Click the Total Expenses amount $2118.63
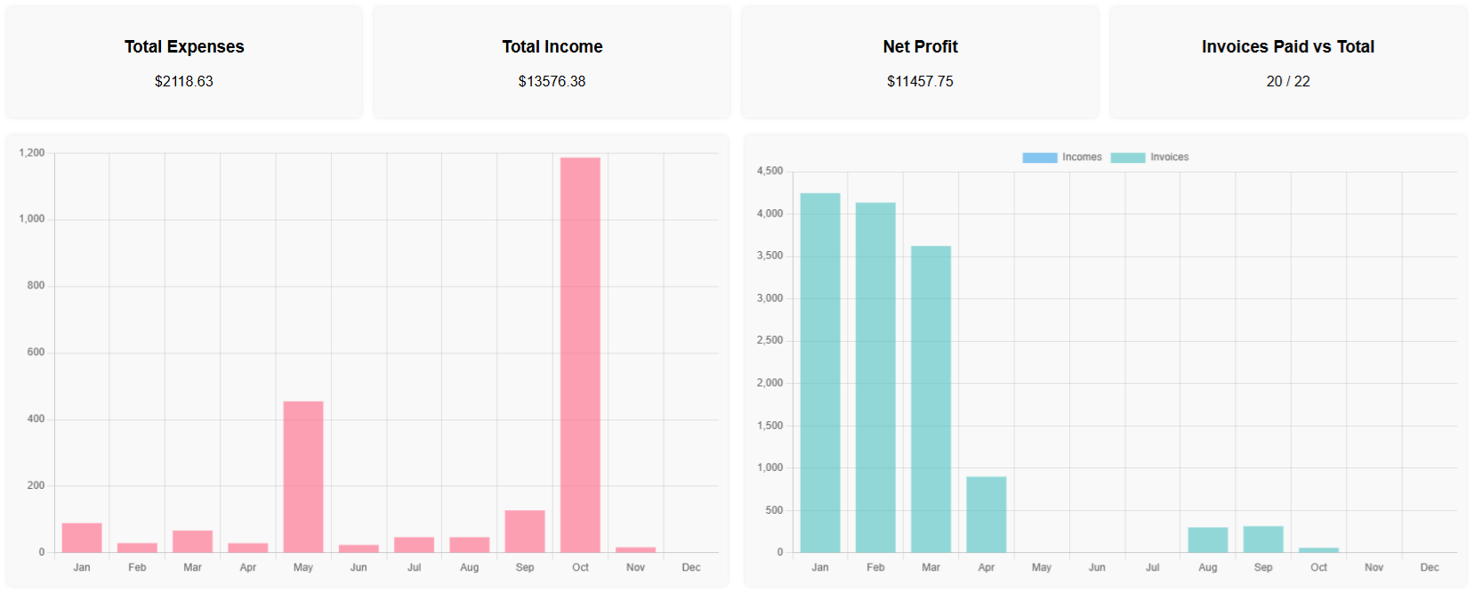184,81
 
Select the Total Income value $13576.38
552,81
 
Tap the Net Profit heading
920,46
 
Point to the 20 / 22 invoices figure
1287,81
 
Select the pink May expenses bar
303,476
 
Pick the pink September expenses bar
525,531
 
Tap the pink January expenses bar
82,537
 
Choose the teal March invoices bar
930,399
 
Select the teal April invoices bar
987,514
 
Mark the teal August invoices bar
1208,540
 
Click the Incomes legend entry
1062,157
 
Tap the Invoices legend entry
1150,157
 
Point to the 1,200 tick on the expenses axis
32,153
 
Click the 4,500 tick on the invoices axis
769,171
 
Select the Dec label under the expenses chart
691,567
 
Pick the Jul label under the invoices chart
1152,567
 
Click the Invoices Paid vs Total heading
1287,46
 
